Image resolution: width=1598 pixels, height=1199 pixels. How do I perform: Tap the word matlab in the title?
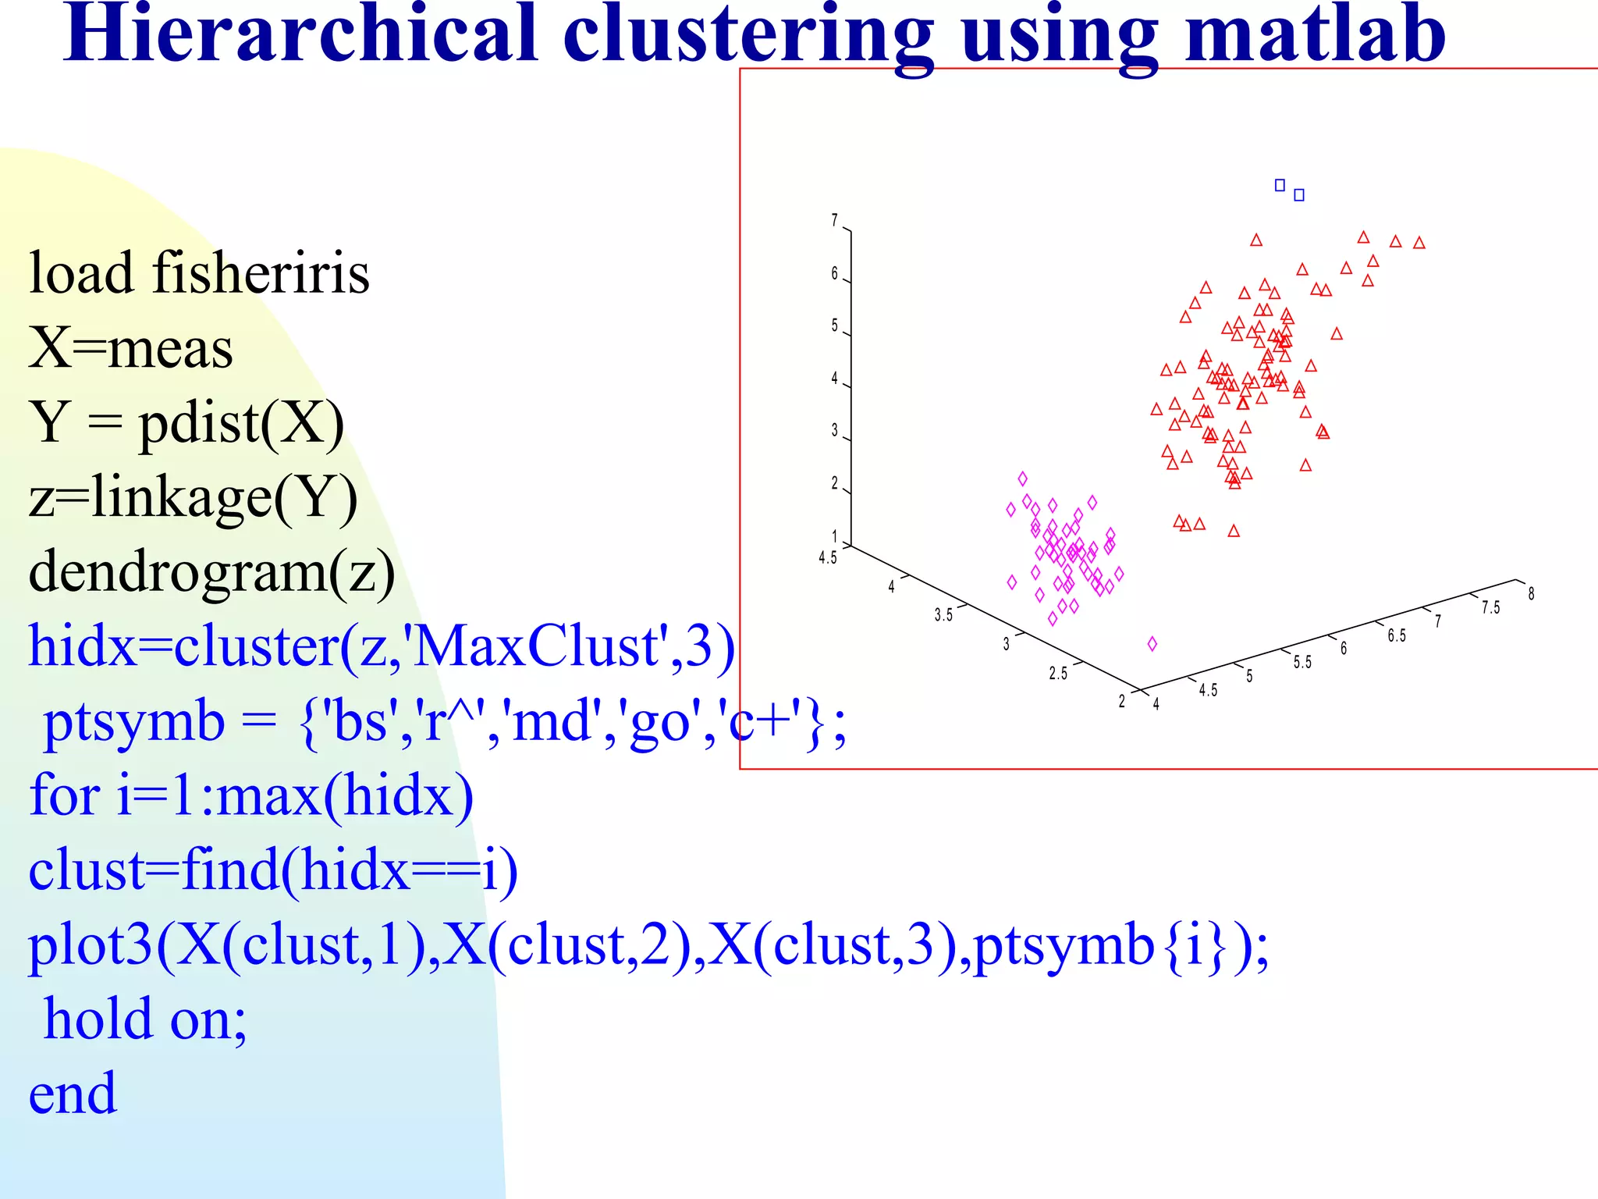pos(1315,35)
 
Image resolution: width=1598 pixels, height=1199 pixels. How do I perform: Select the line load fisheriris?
pos(199,273)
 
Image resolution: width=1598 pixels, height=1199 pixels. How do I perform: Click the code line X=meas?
pos(131,348)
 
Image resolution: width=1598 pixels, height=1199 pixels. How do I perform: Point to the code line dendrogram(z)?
pos(212,572)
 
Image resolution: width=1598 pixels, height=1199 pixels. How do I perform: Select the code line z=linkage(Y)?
pos(193,498)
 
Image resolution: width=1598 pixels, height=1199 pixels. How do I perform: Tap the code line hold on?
pos(145,1019)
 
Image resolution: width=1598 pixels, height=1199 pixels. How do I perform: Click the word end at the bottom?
pos(73,1093)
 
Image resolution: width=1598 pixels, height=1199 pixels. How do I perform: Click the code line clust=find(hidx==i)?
pos(273,870)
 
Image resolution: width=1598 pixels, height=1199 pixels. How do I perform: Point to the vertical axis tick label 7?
pos(834,221)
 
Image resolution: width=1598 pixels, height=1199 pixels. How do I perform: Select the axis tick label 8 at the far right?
pos(1531,594)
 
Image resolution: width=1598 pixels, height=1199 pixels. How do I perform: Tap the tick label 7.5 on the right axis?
pos(1490,608)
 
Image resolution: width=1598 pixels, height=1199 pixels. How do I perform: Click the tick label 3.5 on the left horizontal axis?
pos(943,615)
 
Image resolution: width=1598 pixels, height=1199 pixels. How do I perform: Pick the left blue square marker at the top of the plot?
pos(1280,185)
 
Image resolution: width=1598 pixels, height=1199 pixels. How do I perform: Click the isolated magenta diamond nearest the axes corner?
pos(1152,644)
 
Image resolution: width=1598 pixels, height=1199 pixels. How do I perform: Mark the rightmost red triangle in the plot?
pos(1419,243)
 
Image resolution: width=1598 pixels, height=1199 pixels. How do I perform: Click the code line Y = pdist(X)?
pos(186,423)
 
